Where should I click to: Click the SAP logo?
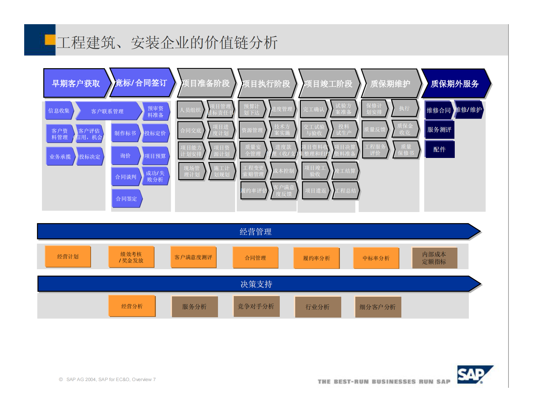[x=474, y=374]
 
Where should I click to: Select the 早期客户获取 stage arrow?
[x=76, y=83]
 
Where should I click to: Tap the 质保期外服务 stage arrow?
[x=455, y=84]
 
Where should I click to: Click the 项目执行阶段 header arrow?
[x=266, y=84]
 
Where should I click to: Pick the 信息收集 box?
[x=59, y=111]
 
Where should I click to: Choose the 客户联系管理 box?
[x=107, y=111]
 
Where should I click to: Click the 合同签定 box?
[x=126, y=199]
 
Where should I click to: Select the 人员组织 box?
[x=190, y=110]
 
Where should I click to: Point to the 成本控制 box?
[x=283, y=171]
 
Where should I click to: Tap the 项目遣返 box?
[x=315, y=191]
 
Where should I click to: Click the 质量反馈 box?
[x=375, y=129]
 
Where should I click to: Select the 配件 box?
[x=439, y=149]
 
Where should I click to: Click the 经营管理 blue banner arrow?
[x=256, y=232]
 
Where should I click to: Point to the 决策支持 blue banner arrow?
[x=256, y=284]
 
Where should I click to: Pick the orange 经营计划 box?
[x=68, y=256]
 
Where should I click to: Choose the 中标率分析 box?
[x=376, y=258]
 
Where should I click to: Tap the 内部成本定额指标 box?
[x=434, y=258]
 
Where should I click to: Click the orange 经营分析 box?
[x=132, y=306]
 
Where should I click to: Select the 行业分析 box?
[x=317, y=307]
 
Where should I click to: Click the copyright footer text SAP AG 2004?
[x=107, y=379]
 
